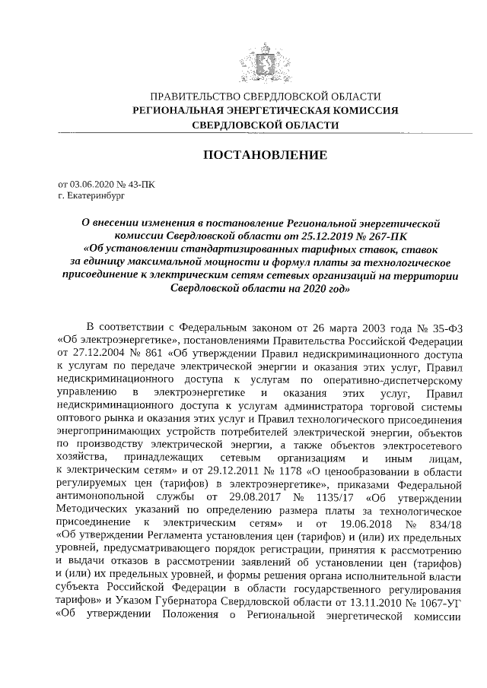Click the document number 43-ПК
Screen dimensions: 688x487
[140, 184]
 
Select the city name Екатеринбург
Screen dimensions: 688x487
[95, 195]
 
